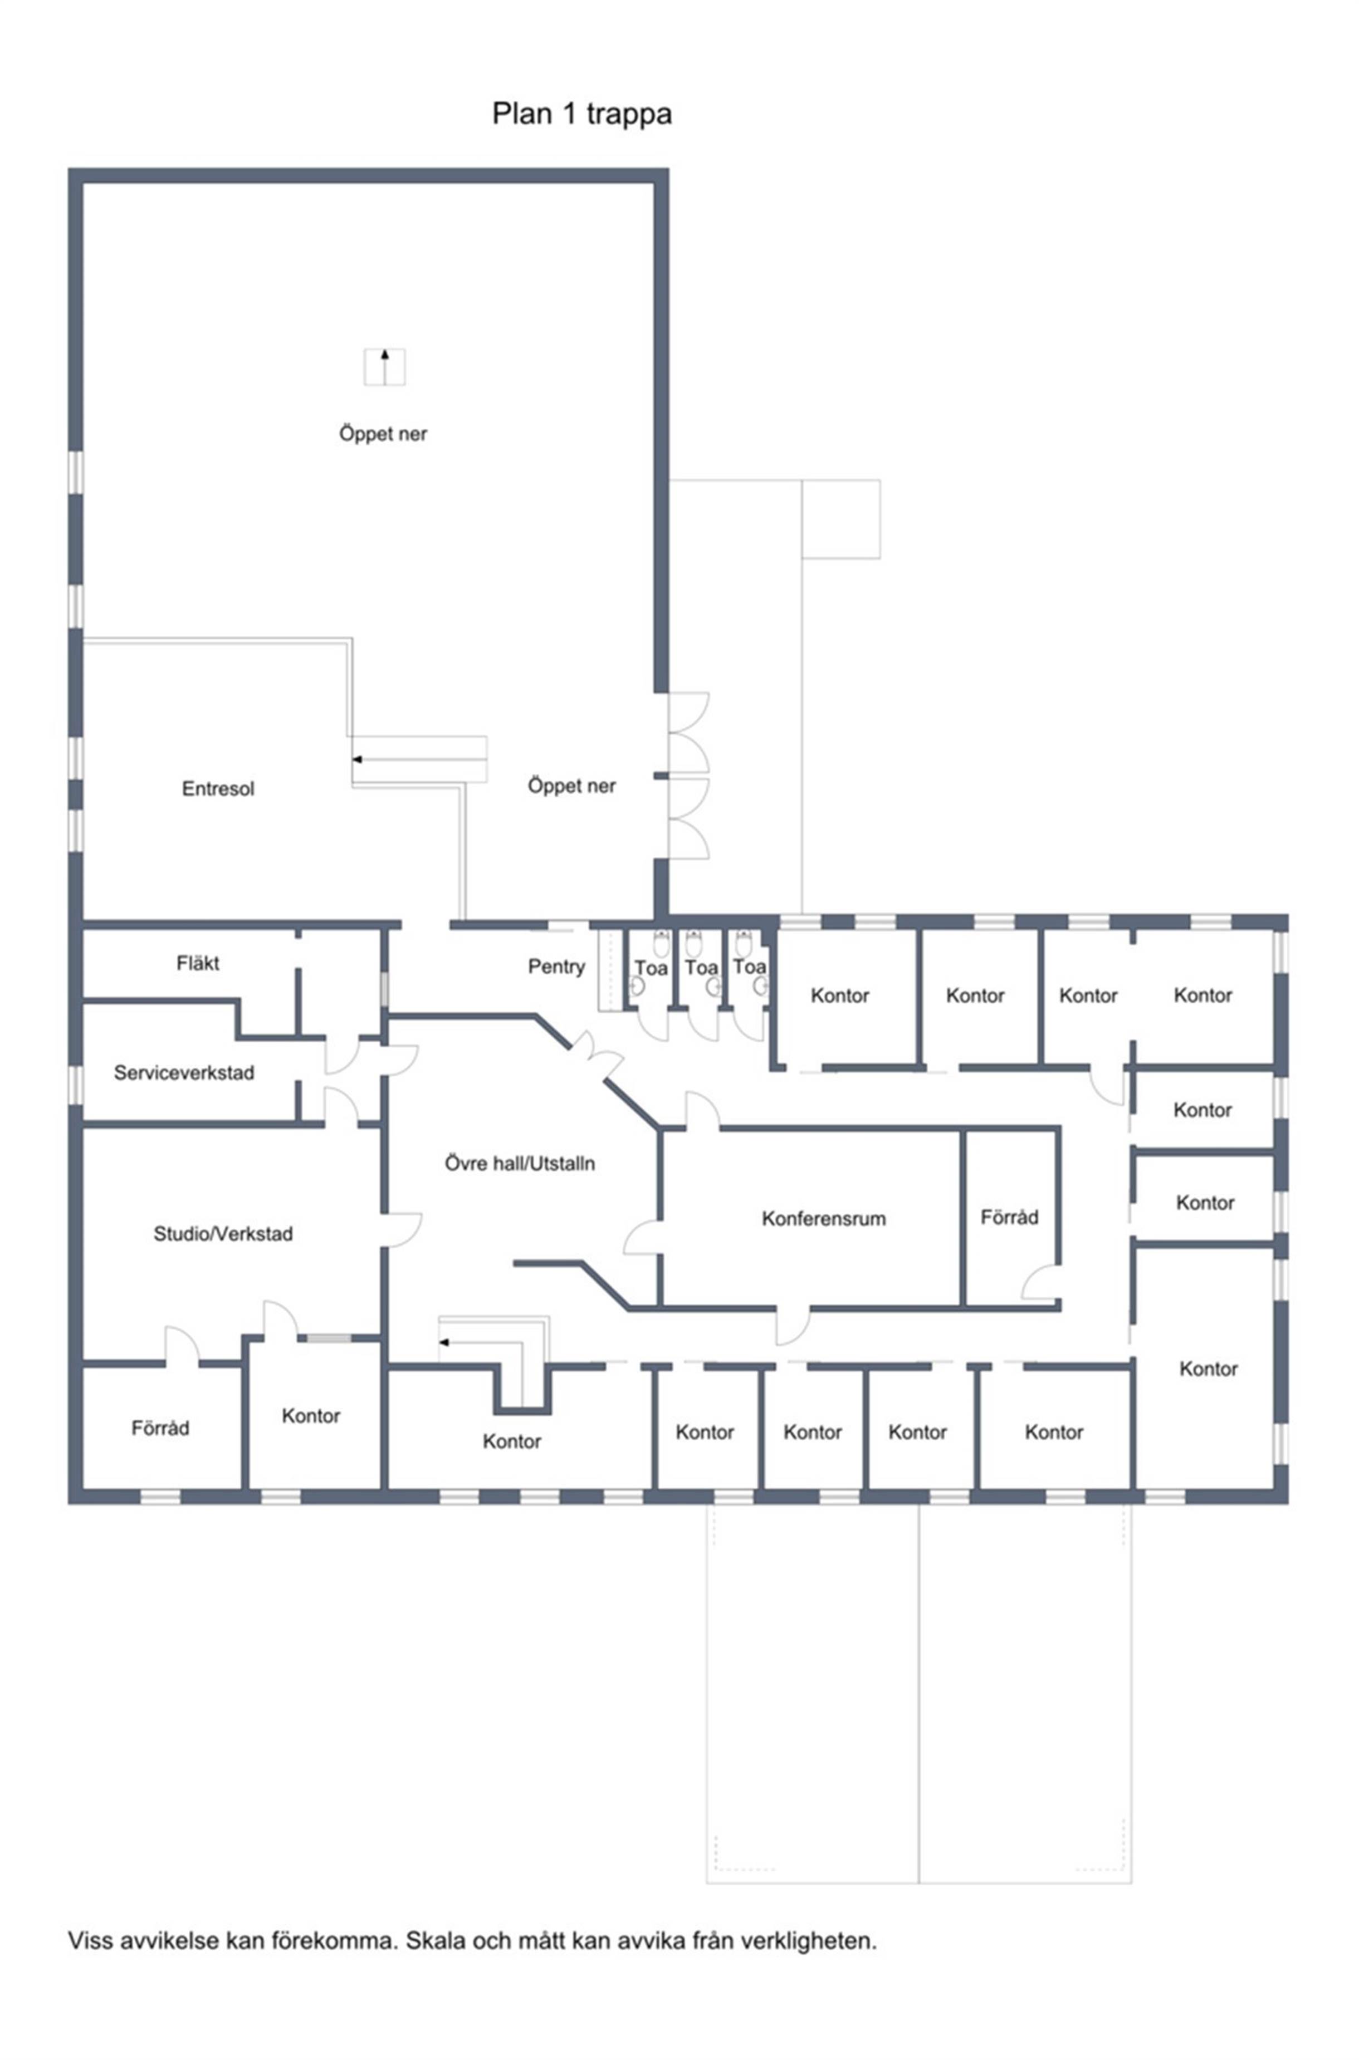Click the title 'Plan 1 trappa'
pos(581,114)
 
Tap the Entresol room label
pos(218,788)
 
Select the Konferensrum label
pos(823,1219)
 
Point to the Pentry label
pos(556,967)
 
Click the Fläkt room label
pos(198,963)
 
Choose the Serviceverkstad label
pos(184,1072)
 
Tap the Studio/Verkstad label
pos(223,1234)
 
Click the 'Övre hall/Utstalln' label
pos(520,1164)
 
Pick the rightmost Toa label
pos(750,966)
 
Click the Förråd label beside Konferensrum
pos(1009,1217)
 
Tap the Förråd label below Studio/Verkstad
pos(160,1428)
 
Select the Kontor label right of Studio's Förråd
pos(311,1415)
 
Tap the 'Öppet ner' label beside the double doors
pos(572,786)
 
